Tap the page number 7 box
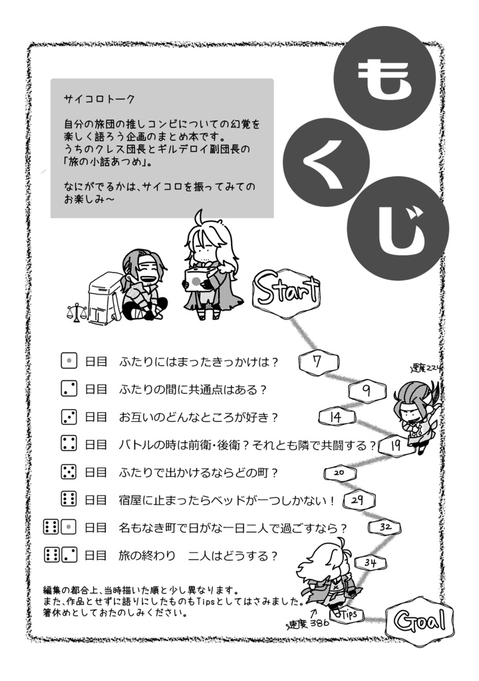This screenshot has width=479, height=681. pyautogui.click(x=317, y=362)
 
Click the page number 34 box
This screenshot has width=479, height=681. pyautogui.click(x=371, y=563)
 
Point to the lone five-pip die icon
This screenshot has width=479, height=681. pyautogui.click(x=69, y=472)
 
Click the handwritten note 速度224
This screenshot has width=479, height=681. pyautogui.click(x=426, y=368)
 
